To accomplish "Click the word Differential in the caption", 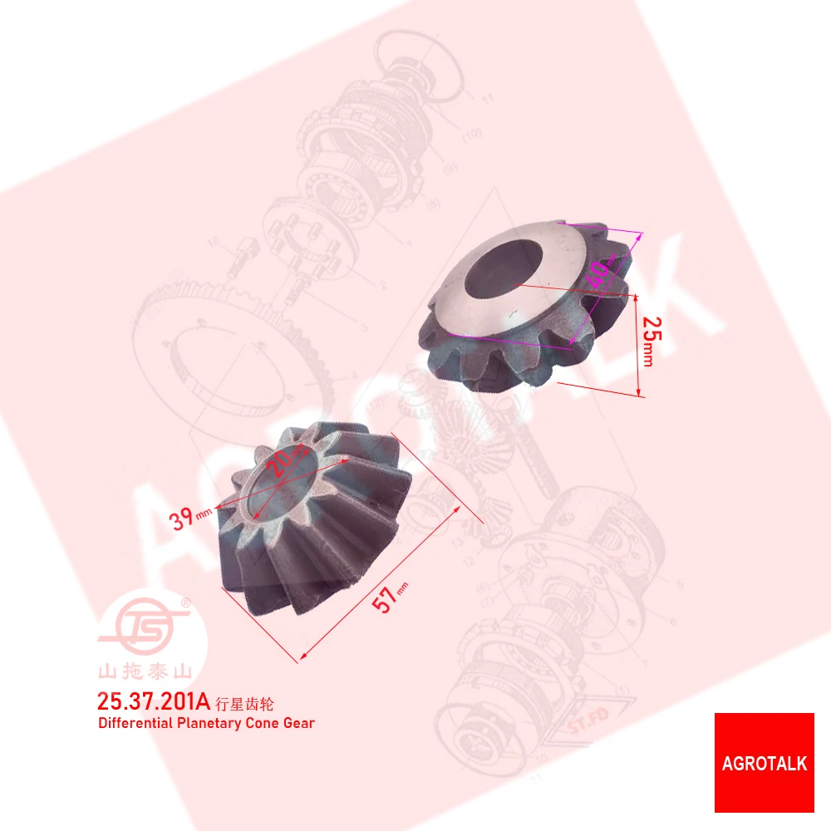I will tap(136, 723).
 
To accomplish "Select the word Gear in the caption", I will tap(299, 723).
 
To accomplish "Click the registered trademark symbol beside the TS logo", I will tap(186, 601).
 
